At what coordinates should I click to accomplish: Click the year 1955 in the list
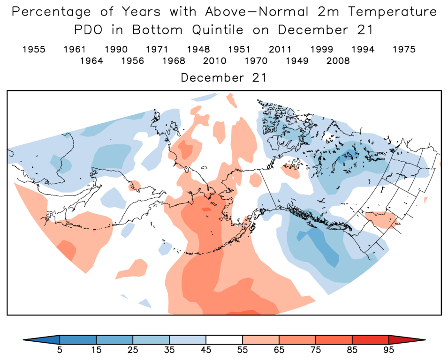pyautogui.click(x=34, y=49)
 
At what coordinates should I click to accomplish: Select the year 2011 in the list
pyautogui.click(x=281, y=49)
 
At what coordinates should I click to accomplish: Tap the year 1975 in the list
pyautogui.click(x=404, y=49)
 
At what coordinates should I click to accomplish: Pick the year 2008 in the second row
pyautogui.click(x=338, y=61)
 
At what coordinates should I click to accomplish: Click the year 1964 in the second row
pyautogui.click(x=91, y=61)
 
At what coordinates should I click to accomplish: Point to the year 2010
pyautogui.click(x=215, y=61)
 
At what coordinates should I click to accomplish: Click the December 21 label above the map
pyautogui.click(x=224, y=78)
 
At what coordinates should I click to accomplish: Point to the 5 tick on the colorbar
pyautogui.click(x=60, y=350)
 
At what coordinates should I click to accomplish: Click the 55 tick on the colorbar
pyautogui.click(x=243, y=350)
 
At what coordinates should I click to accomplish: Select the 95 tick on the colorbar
pyautogui.click(x=389, y=350)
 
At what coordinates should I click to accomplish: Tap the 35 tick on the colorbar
pyautogui.click(x=169, y=350)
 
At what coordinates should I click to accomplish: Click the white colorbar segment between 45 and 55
pyautogui.click(x=224, y=339)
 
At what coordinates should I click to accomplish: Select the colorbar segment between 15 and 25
pyautogui.click(x=114, y=339)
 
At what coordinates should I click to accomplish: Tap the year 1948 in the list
pyautogui.click(x=198, y=49)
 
